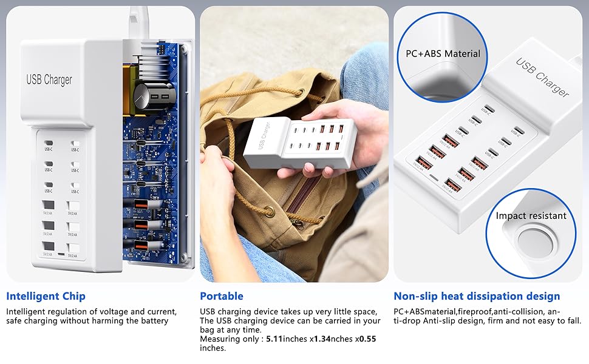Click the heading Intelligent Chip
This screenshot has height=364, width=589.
[46, 297]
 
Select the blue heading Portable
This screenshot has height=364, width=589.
[221, 297]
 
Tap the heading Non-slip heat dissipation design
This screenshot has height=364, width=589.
[477, 297]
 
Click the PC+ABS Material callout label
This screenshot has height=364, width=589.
[443, 53]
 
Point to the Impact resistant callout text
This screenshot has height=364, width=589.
[531, 215]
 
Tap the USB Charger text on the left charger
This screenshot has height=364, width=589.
[49, 79]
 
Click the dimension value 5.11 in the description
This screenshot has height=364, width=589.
[276, 339]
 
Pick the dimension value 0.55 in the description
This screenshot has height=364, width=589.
[366, 339]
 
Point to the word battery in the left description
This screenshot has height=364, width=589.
[152, 321]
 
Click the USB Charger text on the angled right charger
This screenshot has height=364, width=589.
[542, 77]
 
